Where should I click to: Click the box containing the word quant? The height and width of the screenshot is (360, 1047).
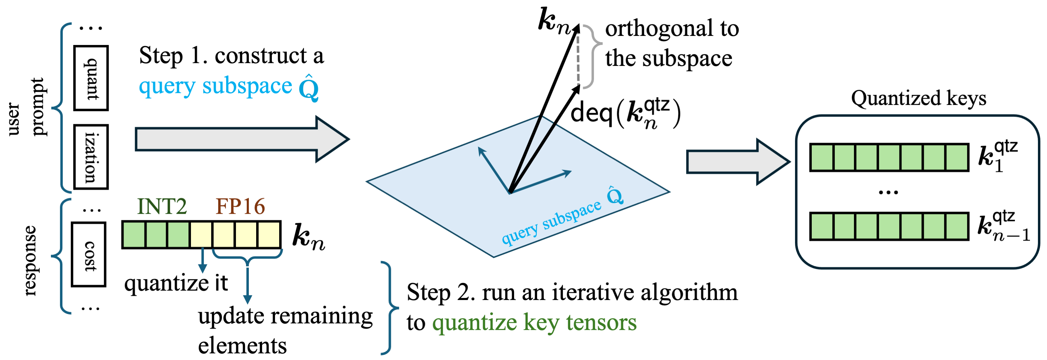(x=91, y=78)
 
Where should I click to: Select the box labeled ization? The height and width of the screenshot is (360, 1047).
(x=91, y=157)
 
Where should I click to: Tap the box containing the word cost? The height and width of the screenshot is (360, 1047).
(x=89, y=254)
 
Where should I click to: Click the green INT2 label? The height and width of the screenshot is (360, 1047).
(x=162, y=207)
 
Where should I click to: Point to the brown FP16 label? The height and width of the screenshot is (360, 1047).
(x=240, y=207)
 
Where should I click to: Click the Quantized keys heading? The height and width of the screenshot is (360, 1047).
(x=918, y=98)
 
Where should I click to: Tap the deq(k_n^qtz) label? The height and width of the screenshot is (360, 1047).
(x=625, y=113)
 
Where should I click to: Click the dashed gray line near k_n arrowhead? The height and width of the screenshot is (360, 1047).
(x=578, y=57)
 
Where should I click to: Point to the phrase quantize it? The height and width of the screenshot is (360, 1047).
(x=176, y=283)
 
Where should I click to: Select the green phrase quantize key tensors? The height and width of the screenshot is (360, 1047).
(x=534, y=323)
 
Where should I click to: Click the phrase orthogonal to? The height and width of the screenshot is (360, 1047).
(x=672, y=29)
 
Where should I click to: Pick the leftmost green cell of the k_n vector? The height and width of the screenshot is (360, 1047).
(x=134, y=235)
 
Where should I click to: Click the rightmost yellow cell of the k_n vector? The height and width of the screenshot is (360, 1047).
(x=269, y=235)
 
